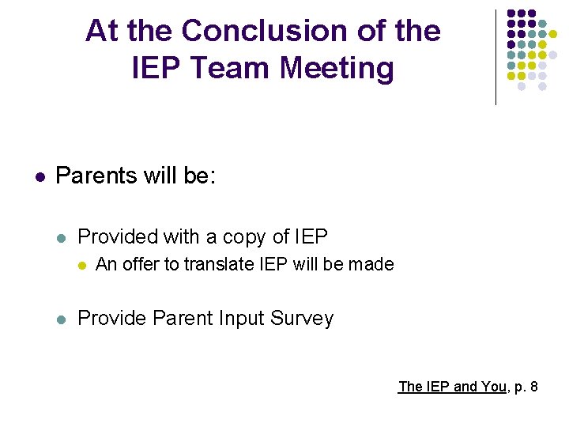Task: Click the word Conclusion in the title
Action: point(250,31)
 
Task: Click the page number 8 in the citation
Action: point(535,387)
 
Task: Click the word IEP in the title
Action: point(157,68)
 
